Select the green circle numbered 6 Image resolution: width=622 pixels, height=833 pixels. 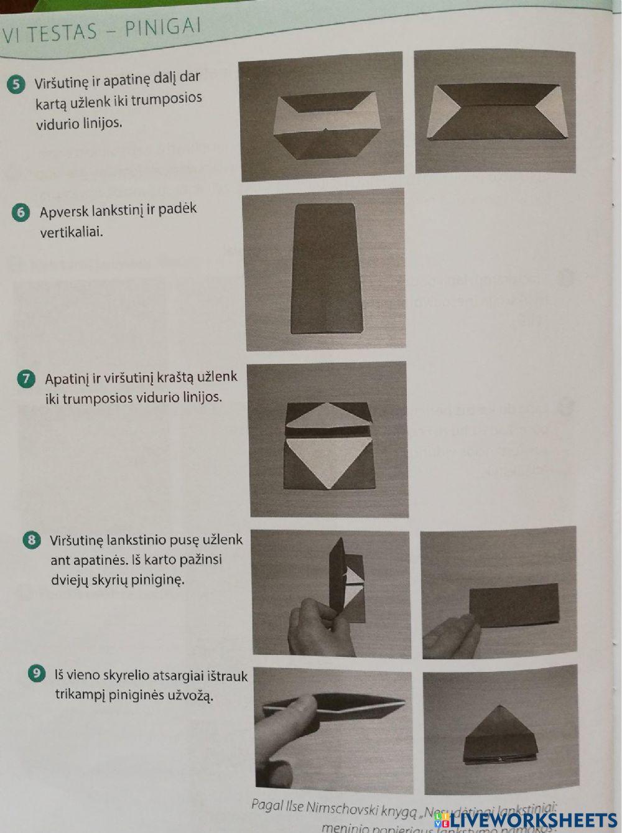pyautogui.click(x=21, y=213)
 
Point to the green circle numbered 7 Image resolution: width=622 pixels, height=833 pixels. pyautogui.click(x=26, y=379)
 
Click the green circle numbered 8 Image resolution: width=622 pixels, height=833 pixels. pyautogui.click(x=32, y=540)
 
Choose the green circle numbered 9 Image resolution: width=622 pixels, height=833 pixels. pyautogui.click(x=37, y=673)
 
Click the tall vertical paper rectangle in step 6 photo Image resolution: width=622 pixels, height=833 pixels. pyautogui.click(x=326, y=268)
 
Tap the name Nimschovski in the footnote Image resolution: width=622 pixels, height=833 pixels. pyautogui.click(x=335, y=809)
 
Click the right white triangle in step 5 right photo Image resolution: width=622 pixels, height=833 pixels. pyautogui.click(x=547, y=111)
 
